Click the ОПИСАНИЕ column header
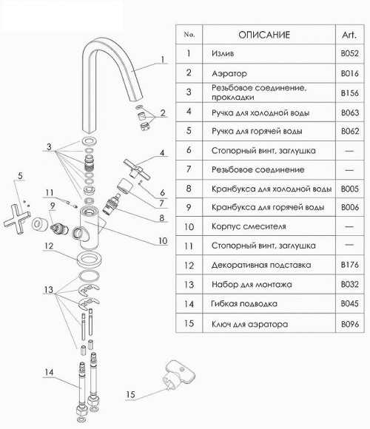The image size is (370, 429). (x=264, y=35)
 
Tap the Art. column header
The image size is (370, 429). (x=349, y=35)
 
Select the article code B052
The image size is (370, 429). (x=349, y=53)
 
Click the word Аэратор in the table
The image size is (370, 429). (x=229, y=73)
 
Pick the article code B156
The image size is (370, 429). (x=349, y=93)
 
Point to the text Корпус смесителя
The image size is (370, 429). (x=249, y=226)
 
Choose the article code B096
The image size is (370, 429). (x=349, y=324)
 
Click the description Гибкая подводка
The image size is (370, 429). (x=244, y=304)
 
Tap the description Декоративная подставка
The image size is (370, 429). (x=261, y=265)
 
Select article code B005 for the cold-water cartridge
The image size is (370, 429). (x=349, y=189)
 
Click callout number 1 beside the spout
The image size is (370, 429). (x=163, y=59)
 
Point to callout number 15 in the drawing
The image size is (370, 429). (x=130, y=394)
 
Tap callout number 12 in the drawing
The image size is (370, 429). (x=49, y=246)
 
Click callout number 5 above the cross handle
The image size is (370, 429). (x=20, y=176)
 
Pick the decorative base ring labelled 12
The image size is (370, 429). (x=89, y=259)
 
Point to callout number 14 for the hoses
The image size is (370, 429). (x=49, y=372)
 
